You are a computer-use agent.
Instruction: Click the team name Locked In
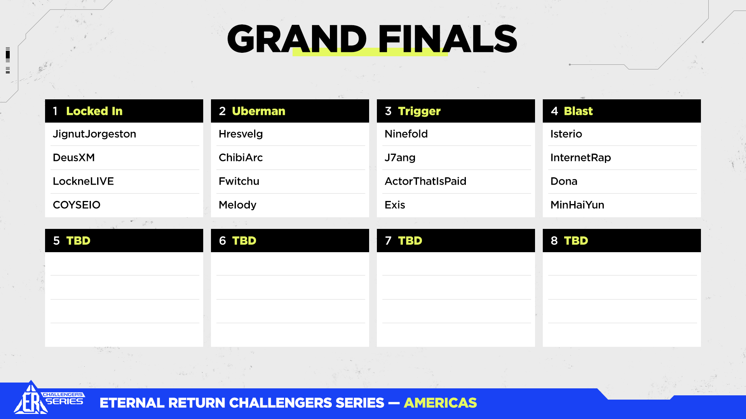94,111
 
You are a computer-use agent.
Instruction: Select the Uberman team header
290,111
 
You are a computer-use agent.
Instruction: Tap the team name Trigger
419,112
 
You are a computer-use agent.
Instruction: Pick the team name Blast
578,111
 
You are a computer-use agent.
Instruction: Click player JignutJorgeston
94,134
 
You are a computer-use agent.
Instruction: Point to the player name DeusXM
74,158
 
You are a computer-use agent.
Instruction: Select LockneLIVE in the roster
83,181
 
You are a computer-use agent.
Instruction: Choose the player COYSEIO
77,205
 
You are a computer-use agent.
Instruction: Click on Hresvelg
241,134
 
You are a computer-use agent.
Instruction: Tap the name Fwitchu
239,181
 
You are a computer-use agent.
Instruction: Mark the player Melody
237,205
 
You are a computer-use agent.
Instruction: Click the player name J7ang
400,158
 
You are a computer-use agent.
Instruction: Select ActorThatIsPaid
425,181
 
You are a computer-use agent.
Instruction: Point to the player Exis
395,205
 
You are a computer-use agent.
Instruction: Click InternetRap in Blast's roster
580,158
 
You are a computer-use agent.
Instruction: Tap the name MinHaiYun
577,205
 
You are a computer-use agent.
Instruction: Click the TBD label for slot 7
410,241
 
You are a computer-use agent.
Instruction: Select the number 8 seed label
554,241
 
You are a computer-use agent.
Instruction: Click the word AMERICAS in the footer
440,403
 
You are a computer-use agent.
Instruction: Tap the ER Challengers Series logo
49,398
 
